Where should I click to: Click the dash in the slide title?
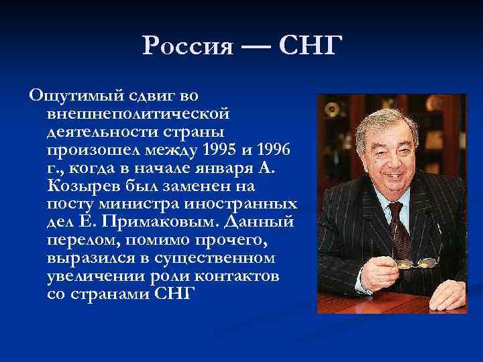[256, 47]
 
